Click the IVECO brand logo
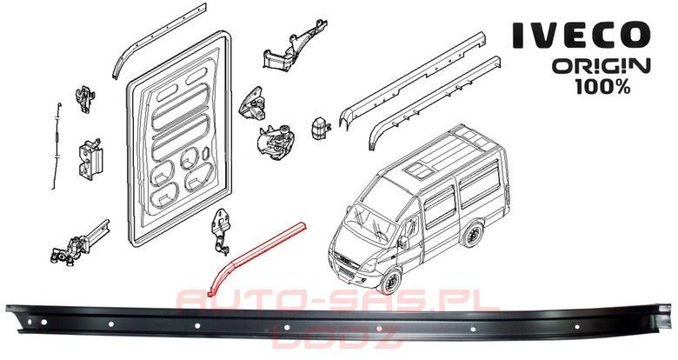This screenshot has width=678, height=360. pyautogui.click(x=581, y=36)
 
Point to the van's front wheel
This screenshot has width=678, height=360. pyautogui.click(x=390, y=281)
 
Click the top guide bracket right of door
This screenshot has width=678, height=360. pyautogui.click(x=287, y=48)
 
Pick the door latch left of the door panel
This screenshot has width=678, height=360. pyautogui.click(x=89, y=157)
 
